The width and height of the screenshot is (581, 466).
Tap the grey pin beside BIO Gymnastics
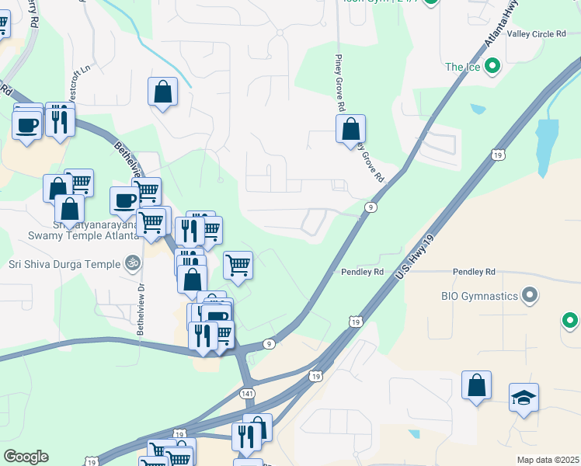click(x=531, y=295)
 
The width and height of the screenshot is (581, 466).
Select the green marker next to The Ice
click(x=492, y=67)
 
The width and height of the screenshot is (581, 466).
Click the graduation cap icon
click(x=524, y=398)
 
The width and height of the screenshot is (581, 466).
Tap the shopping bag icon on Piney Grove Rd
click(x=351, y=128)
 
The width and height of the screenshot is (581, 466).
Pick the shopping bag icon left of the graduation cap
click(x=477, y=385)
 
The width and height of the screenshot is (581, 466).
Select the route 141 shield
click(x=247, y=394)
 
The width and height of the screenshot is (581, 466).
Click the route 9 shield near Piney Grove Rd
click(x=372, y=207)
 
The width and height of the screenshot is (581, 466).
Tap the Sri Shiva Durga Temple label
click(x=64, y=264)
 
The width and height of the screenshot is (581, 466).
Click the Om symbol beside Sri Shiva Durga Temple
click(x=132, y=264)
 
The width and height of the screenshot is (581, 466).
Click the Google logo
click(x=26, y=457)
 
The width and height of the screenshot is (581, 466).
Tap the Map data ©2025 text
click(x=547, y=460)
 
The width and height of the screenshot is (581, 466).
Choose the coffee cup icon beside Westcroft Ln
click(x=27, y=125)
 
